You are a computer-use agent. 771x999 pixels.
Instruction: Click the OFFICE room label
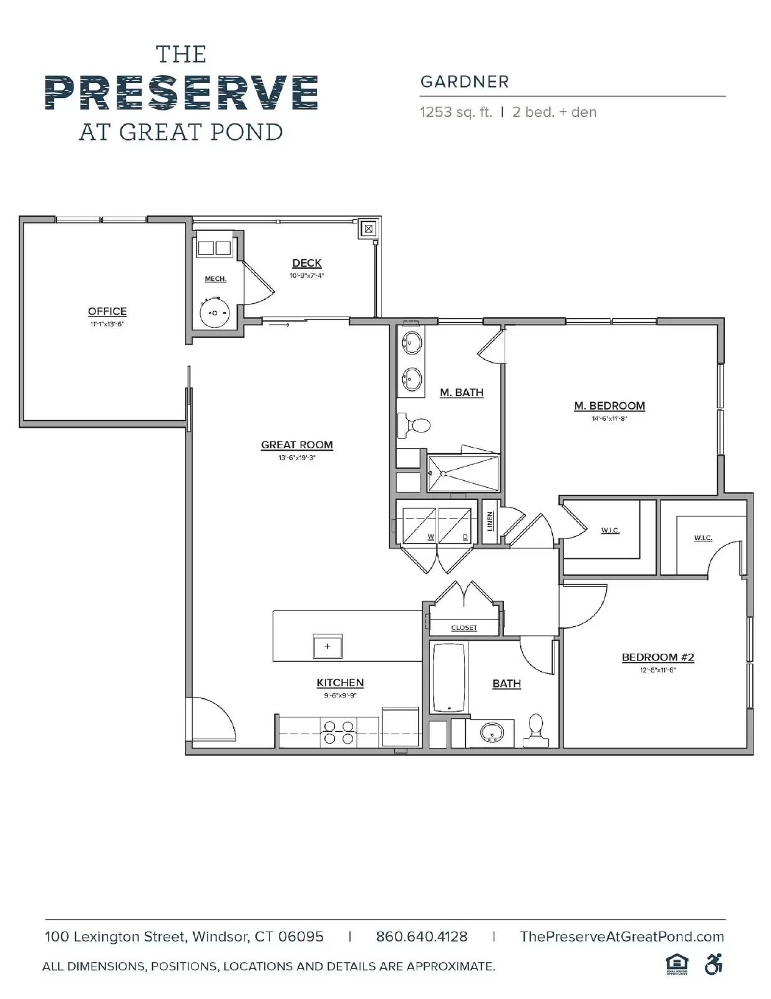pyautogui.click(x=107, y=312)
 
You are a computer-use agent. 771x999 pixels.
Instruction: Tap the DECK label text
pyautogui.click(x=306, y=263)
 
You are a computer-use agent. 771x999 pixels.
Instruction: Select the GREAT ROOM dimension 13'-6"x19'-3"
pyautogui.click(x=297, y=458)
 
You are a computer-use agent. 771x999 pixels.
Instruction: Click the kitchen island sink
pyautogui.click(x=327, y=647)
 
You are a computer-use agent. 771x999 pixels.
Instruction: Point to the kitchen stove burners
pyautogui.click(x=338, y=732)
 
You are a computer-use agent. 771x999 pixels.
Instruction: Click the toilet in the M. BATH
pyautogui.click(x=414, y=425)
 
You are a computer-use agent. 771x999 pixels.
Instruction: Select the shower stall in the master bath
pyautogui.click(x=463, y=473)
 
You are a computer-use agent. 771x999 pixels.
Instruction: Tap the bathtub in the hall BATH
pyautogui.click(x=449, y=677)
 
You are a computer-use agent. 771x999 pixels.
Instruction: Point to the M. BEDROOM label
pyautogui.click(x=609, y=406)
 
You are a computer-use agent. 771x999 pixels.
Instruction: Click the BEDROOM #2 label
pyautogui.click(x=657, y=657)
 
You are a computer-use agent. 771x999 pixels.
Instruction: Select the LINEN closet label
pyautogui.click(x=490, y=521)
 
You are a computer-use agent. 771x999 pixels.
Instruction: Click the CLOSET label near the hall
pyautogui.click(x=463, y=627)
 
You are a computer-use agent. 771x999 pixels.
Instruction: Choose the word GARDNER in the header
pyautogui.click(x=464, y=82)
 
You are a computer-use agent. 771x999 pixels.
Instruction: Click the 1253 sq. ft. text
pyautogui.click(x=455, y=112)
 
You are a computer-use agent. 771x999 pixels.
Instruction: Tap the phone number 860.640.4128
pyautogui.click(x=421, y=937)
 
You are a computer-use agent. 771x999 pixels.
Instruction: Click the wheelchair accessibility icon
pyautogui.click(x=713, y=965)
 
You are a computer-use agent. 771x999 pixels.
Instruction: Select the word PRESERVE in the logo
pyautogui.click(x=181, y=92)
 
